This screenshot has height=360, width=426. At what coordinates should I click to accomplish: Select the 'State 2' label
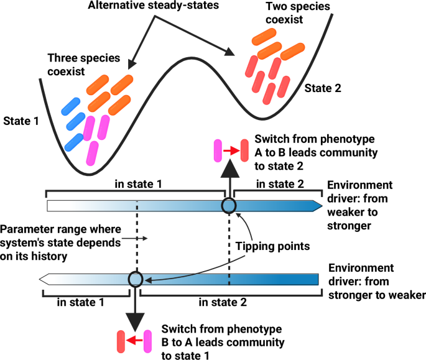(x=322, y=88)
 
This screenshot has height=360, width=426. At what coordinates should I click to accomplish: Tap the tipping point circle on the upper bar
(x=228, y=206)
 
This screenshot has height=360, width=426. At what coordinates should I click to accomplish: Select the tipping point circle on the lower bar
(x=136, y=279)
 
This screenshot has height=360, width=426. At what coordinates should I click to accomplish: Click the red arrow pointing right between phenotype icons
(x=229, y=150)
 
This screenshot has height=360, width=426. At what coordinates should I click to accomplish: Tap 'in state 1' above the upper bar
(x=137, y=185)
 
